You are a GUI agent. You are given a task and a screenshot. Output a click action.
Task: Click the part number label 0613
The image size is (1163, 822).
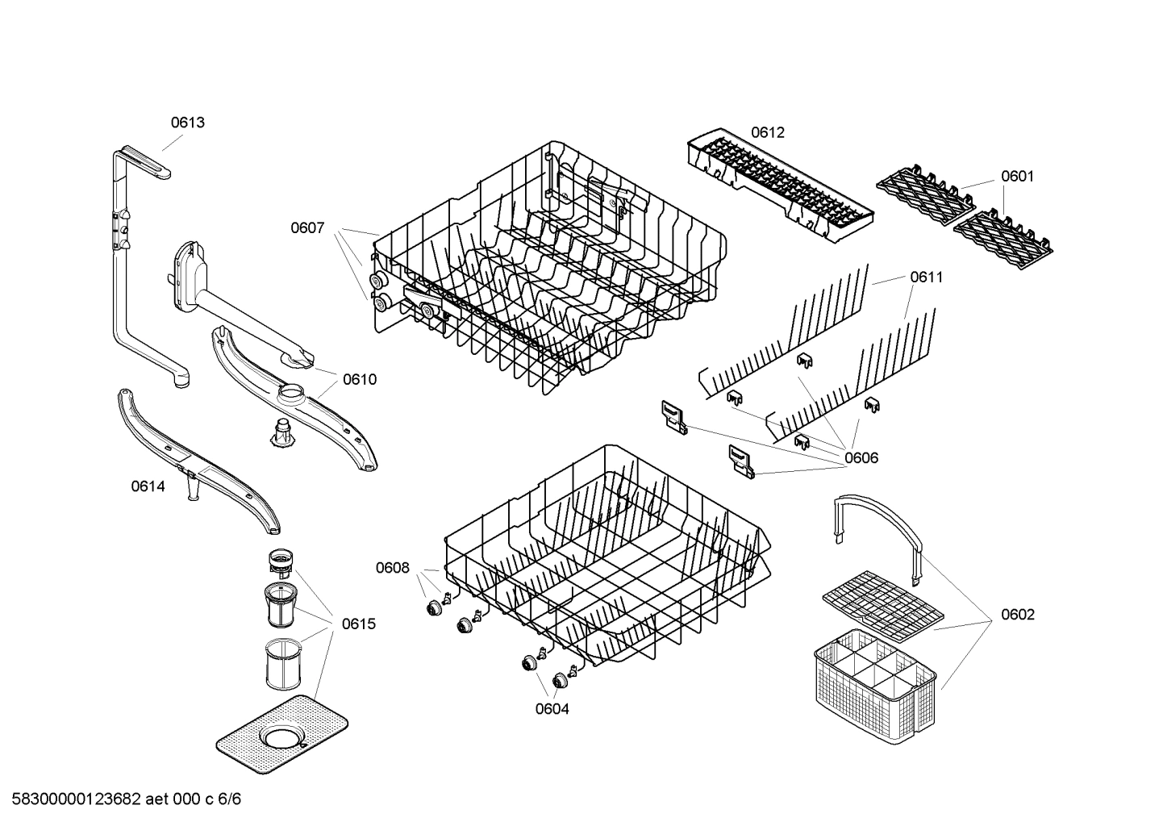pos(187,123)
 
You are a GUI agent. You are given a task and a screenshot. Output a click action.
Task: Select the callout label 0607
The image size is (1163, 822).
pos(307,228)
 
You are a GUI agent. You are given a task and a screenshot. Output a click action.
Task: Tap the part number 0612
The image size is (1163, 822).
pos(767,132)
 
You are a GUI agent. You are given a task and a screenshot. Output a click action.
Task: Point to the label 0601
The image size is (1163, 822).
pos(1017,176)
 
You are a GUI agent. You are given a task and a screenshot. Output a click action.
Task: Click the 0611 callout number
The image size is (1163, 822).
pos(926,277)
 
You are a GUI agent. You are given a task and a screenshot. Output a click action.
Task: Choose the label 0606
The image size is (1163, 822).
pos(861,457)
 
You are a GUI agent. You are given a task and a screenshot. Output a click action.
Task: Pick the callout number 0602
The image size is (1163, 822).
pos(1017,614)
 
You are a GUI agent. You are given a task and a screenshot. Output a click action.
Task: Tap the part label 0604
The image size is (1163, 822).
pos(552,709)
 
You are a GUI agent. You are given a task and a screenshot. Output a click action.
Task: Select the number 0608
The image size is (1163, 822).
pos(392,568)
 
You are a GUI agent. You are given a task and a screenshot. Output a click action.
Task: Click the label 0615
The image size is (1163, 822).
pos(358,624)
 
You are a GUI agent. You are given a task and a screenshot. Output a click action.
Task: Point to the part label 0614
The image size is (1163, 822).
pos(148,486)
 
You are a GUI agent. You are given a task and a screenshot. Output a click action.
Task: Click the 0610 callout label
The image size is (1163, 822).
pos(359,379)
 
